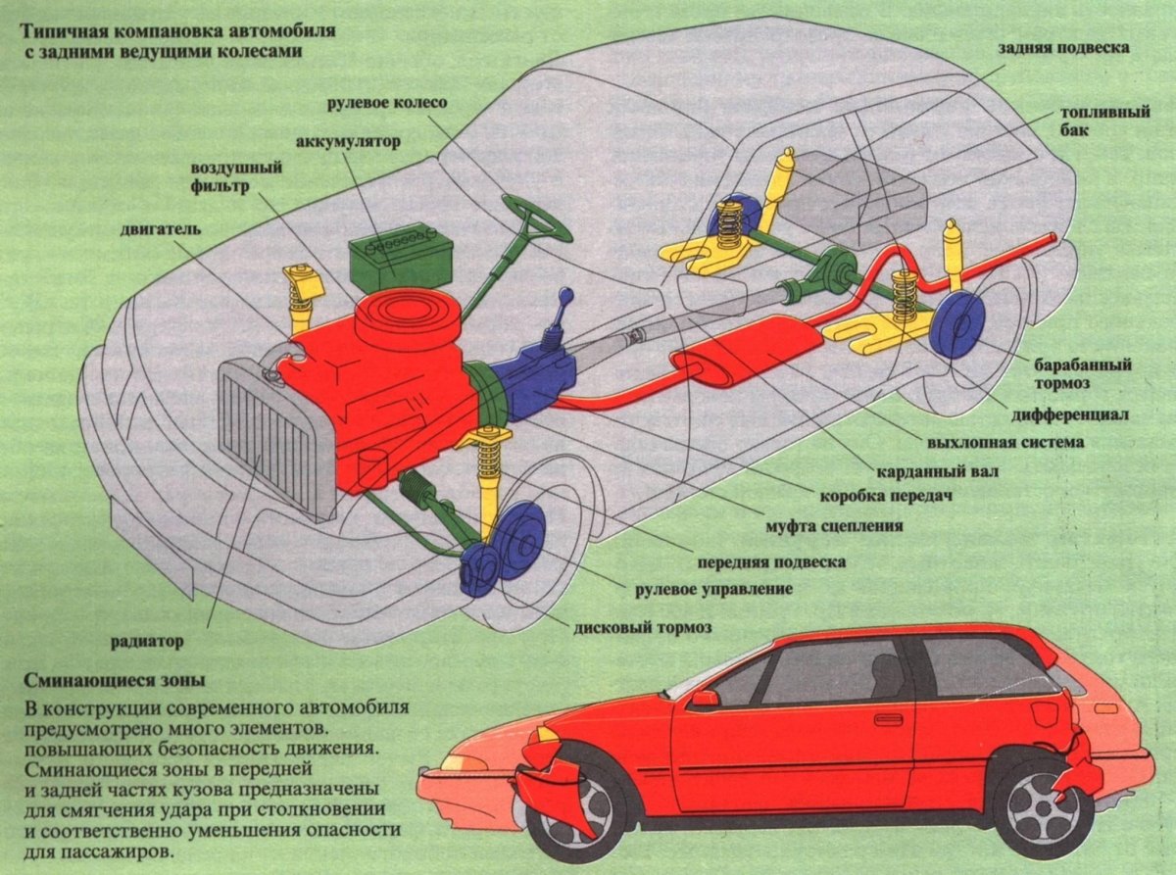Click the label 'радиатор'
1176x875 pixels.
click(146, 643)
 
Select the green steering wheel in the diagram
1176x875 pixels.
click(536, 217)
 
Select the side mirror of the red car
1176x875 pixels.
click(705, 698)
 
